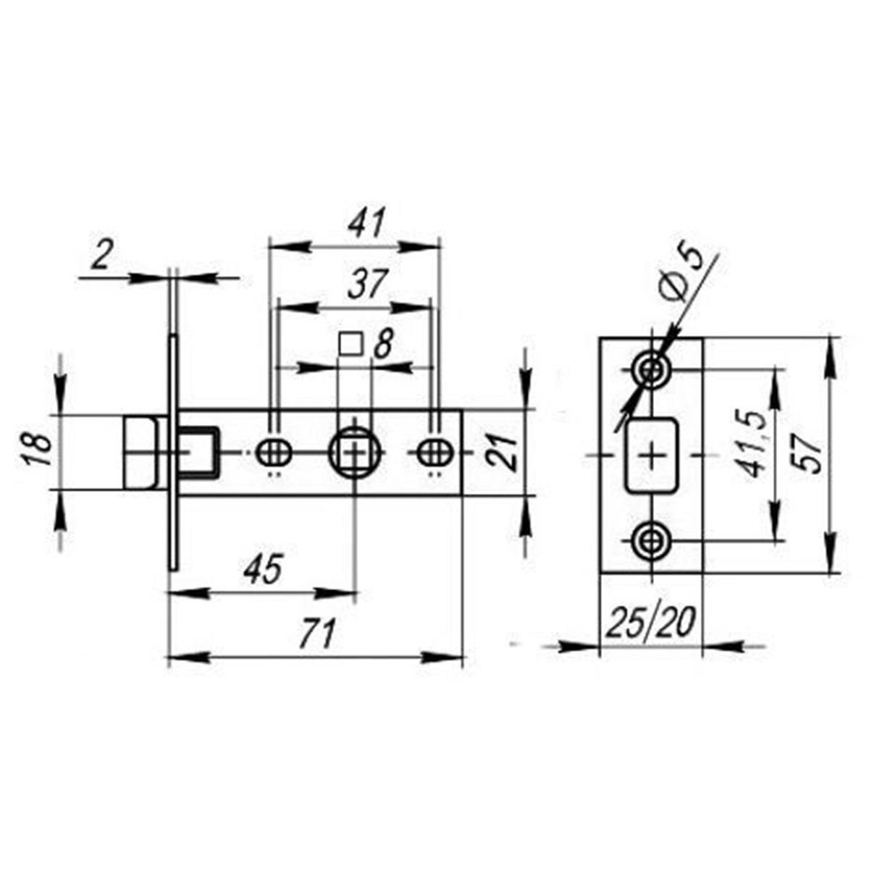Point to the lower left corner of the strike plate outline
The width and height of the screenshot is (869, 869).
pos(600,574)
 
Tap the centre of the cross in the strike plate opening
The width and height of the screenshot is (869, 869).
pos(652,456)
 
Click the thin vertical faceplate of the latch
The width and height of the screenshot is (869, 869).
pos(175,453)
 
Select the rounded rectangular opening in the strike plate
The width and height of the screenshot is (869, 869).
pos(652,456)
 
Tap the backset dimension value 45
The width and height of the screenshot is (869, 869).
pos(263,569)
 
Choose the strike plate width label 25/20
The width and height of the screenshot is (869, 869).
pos(650,623)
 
